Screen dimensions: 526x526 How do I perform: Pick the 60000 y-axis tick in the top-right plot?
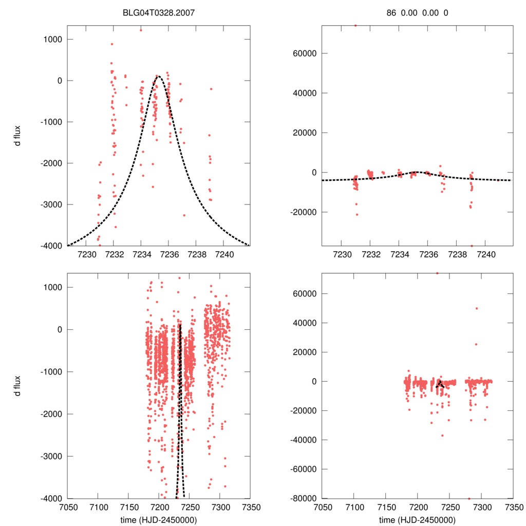coord(304,53)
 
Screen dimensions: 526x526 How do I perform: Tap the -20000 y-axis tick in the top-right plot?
coord(302,212)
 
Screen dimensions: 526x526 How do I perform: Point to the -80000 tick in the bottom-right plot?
coord(302,498)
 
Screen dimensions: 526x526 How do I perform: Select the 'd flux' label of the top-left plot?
coord(17,136)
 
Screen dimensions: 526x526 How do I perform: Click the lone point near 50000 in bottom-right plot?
coord(476,308)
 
